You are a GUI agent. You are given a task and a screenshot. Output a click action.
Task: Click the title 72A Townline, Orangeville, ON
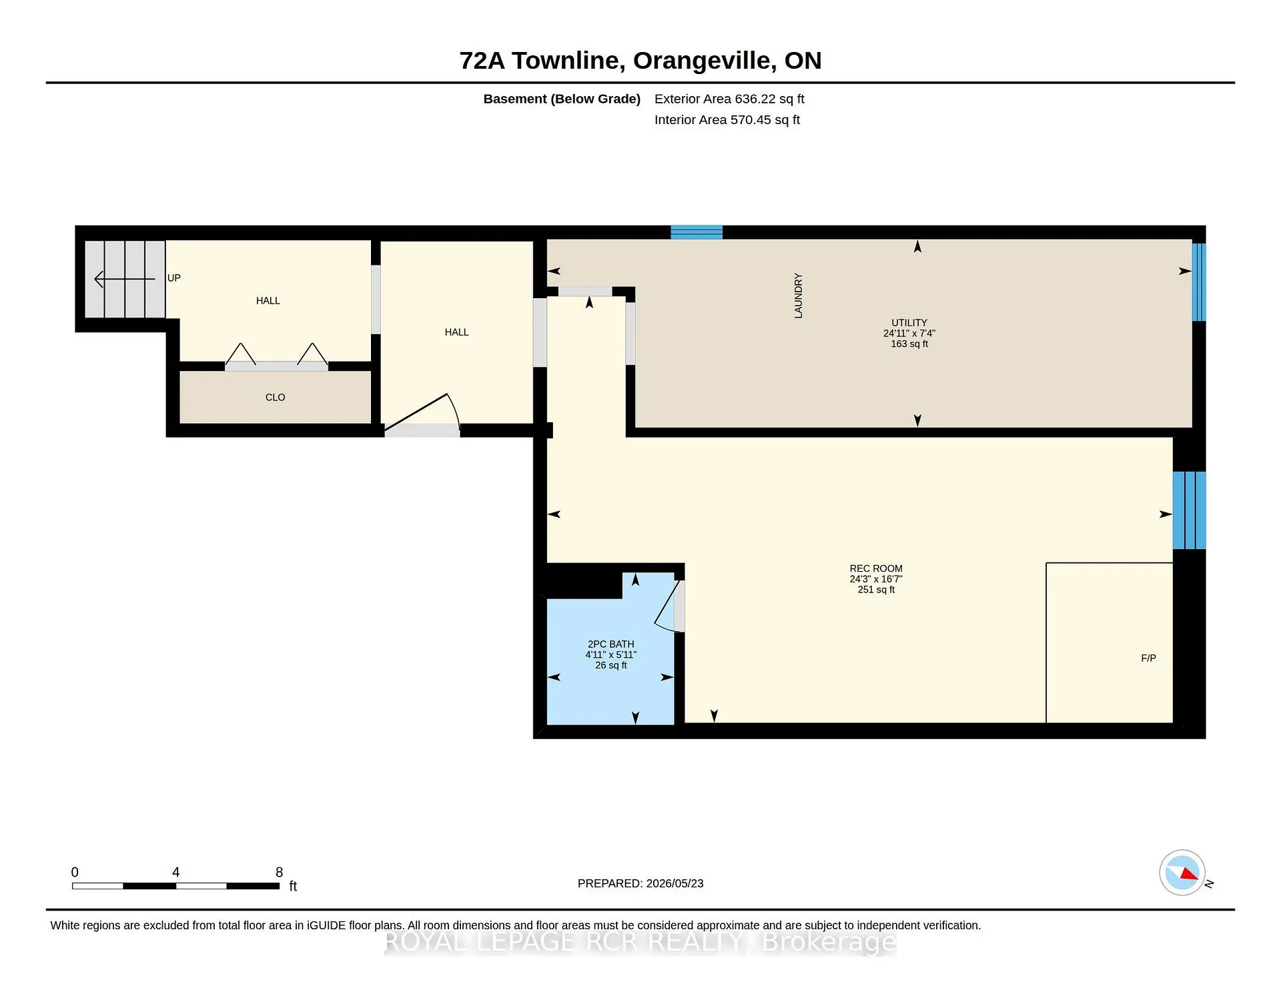pos(640,61)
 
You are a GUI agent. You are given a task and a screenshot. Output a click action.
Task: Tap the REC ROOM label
pos(876,569)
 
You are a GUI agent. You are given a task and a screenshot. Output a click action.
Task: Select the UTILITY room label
pos(909,323)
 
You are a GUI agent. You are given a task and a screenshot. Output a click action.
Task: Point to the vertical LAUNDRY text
pos(799,296)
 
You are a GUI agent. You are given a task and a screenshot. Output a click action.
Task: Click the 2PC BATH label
pos(611,644)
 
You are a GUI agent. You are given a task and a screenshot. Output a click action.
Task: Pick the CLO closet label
pos(275,398)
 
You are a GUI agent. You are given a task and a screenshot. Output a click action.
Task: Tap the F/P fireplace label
pos(1148,658)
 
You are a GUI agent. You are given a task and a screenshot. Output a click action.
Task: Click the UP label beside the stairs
pos(174,278)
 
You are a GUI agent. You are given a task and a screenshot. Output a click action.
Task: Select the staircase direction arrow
pos(125,279)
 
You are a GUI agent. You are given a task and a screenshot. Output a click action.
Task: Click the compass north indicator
pos(1182,873)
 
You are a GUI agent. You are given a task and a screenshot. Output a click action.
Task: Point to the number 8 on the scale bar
pos(280,873)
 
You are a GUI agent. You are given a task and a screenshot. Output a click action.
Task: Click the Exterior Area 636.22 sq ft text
pos(729,99)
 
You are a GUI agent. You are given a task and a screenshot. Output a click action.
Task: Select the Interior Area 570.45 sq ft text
pos(727,120)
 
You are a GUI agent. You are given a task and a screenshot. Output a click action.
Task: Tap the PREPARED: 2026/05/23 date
pos(640,884)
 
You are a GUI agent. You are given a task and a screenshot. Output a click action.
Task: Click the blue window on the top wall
pos(697,232)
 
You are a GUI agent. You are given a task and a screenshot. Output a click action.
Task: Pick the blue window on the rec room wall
pos(1190,510)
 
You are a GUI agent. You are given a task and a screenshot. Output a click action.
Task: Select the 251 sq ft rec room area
pos(876,590)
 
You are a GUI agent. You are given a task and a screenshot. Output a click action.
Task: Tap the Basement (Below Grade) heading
pos(562,99)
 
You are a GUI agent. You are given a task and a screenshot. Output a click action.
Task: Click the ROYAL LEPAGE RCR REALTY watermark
pos(640,942)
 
